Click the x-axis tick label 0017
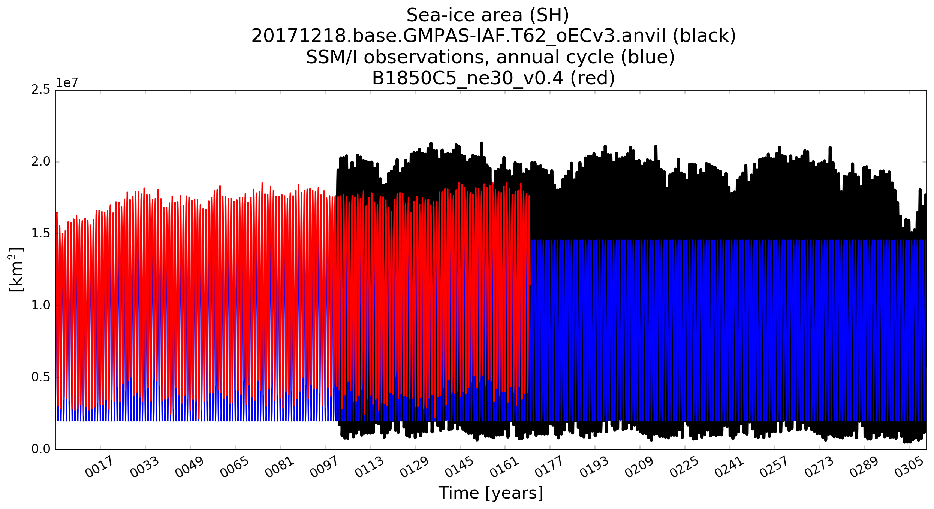click(99, 467)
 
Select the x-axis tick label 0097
click(324, 467)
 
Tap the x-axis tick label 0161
click(504, 467)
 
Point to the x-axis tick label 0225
click(684, 467)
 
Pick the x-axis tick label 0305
click(909, 467)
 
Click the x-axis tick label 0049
click(189, 467)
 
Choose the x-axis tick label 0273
click(819, 467)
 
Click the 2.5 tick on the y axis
click(41, 90)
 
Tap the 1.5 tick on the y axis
click(41, 234)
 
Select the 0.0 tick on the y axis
click(41, 449)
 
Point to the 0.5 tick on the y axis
click(41, 377)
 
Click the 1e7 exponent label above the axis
click(67, 83)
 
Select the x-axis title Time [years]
click(491, 493)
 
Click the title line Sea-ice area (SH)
click(488, 16)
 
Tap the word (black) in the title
click(705, 36)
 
